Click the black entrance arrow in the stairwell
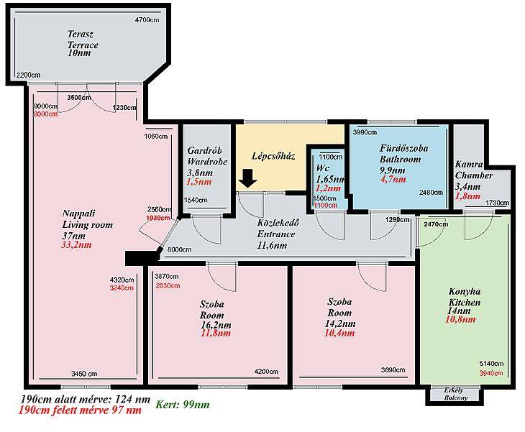(x=247, y=179)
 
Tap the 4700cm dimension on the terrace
(x=147, y=20)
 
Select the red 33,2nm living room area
(x=76, y=244)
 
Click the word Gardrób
(x=204, y=150)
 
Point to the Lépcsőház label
(x=273, y=156)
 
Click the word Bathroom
(x=400, y=160)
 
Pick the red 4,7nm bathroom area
(x=393, y=180)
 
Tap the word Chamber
(x=474, y=175)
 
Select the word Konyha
(x=465, y=291)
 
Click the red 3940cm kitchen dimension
(x=491, y=373)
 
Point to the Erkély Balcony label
(x=454, y=394)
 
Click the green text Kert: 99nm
(x=183, y=405)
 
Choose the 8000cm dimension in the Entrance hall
(x=180, y=249)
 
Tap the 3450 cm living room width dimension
(x=84, y=374)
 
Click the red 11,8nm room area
(x=216, y=333)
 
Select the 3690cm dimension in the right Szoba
(x=393, y=369)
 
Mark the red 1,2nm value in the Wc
(x=328, y=188)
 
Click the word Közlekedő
(x=278, y=223)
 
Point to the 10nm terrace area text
(x=79, y=53)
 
